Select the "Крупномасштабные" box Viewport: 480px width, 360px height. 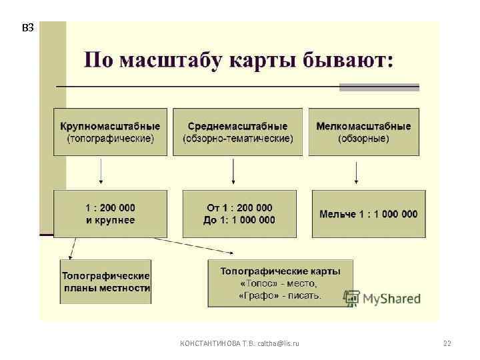point(110,132)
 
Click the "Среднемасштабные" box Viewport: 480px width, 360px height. point(237,132)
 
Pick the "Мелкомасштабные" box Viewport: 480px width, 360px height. point(363,132)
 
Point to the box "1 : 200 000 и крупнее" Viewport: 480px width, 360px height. point(110,214)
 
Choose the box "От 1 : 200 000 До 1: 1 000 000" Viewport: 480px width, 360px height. point(238,214)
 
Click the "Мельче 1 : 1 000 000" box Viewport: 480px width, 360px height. point(368,214)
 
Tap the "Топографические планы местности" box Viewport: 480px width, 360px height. point(105,281)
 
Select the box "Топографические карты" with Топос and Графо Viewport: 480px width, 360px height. point(280,283)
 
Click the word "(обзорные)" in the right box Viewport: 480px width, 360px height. point(363,139)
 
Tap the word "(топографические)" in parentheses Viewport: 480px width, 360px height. point(110,139)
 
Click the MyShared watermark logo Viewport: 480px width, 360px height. point(383,298)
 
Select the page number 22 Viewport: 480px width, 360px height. point(447,343)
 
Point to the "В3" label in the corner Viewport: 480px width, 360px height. point(27,28)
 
